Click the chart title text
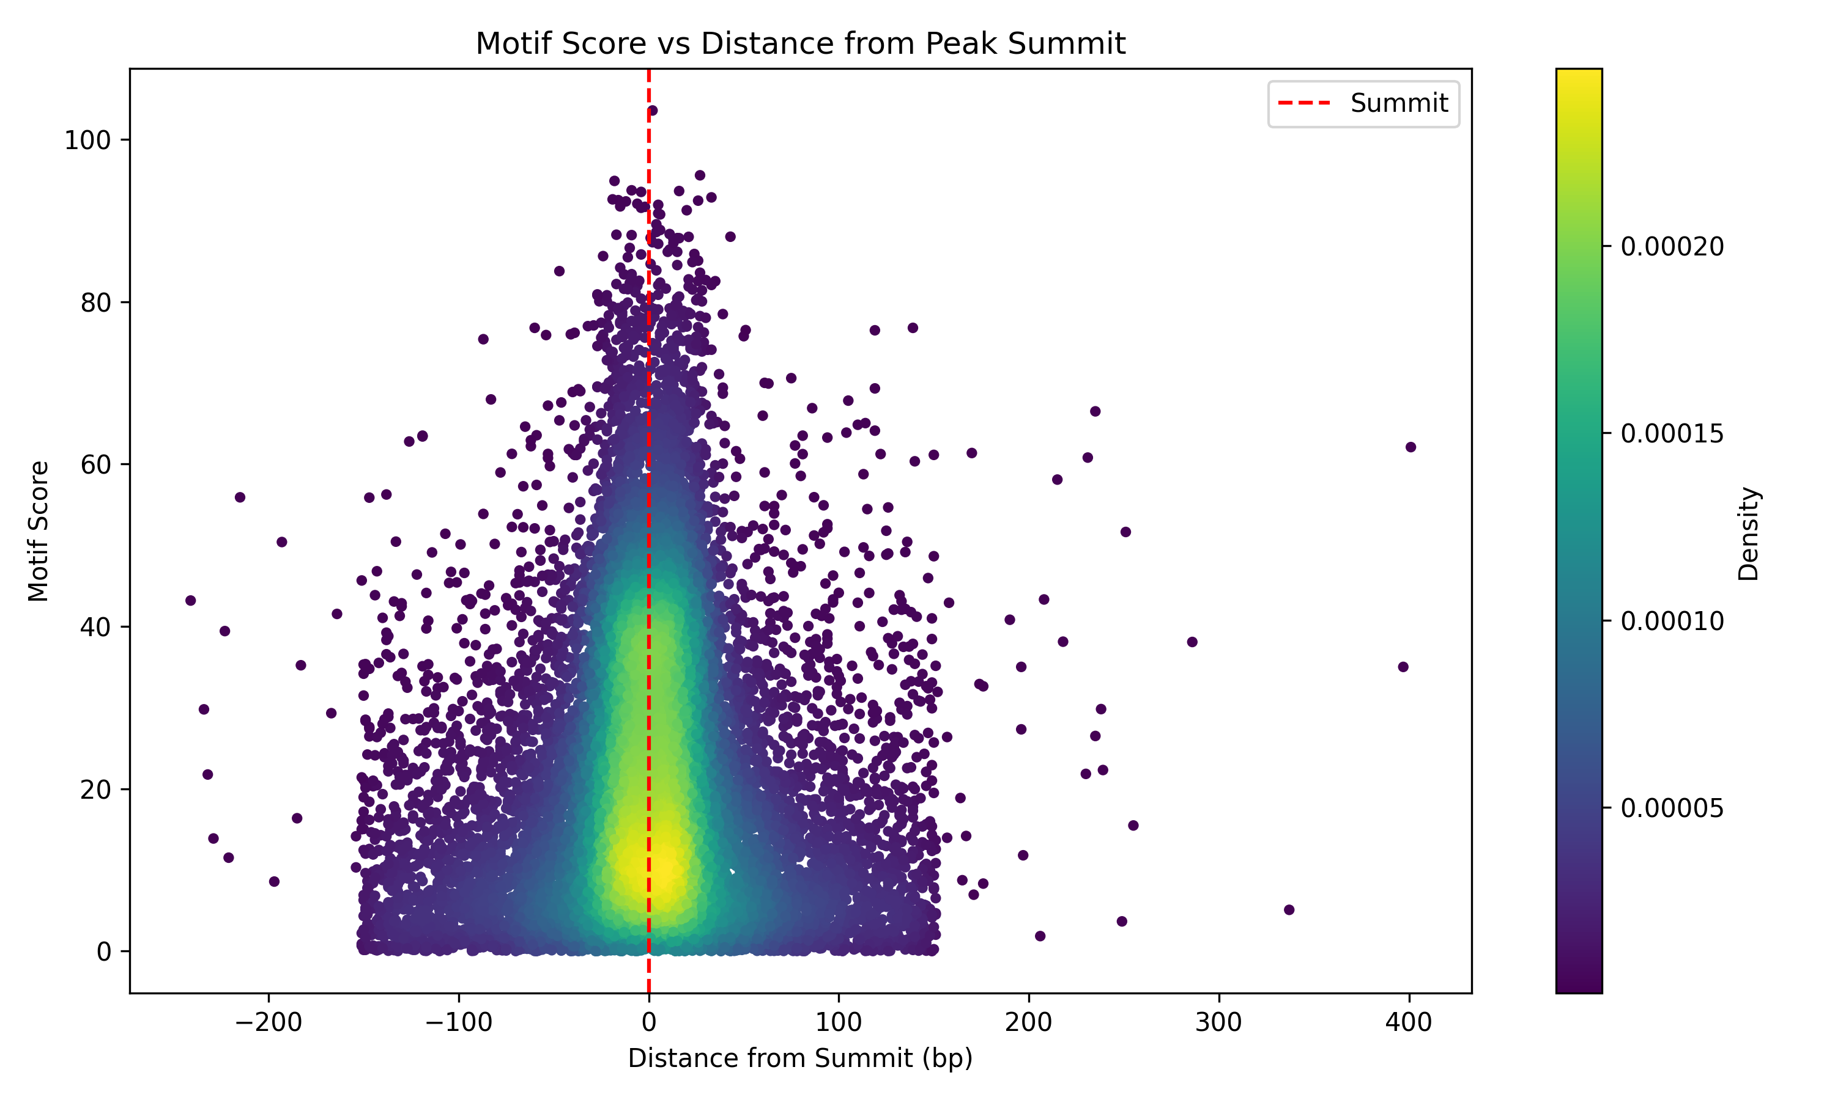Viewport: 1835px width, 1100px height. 800,44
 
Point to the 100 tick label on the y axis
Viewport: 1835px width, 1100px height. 87,140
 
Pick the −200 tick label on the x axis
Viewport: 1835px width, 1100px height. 269,1023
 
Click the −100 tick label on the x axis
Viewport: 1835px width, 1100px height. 458,1023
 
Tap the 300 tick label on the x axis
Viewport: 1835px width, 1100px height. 1218,1023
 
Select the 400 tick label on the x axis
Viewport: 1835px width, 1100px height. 1409,1023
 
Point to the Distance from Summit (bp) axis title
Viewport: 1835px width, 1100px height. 800,1058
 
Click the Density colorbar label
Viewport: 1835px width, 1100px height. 1748,533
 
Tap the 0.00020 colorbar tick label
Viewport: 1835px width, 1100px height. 1672,247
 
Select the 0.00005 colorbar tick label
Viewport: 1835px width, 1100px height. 1672,808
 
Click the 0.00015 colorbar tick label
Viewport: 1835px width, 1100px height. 1672,434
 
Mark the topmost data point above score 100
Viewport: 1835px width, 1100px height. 652,111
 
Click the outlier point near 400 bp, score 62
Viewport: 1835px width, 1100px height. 1411,447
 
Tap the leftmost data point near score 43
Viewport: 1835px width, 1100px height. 191,600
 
